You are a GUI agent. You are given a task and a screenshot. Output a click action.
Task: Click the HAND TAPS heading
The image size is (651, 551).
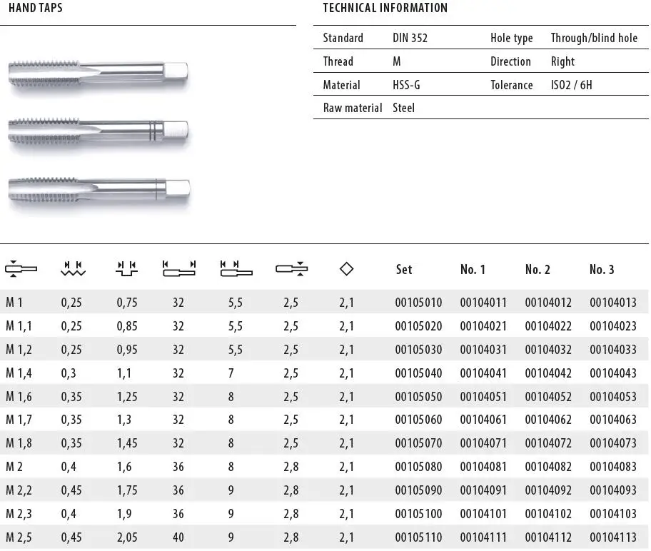[35, 9]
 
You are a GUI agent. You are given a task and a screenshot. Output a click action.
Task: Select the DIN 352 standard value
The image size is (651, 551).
[410, 38]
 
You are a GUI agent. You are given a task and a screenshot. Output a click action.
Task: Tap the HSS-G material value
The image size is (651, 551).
[406, 85]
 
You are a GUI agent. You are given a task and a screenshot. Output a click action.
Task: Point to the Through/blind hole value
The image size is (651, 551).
[594, 38]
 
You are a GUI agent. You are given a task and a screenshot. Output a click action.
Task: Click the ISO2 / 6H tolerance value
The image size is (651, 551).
[571, 85]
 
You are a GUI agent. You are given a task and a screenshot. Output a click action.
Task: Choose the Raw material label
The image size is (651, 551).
[352, 108]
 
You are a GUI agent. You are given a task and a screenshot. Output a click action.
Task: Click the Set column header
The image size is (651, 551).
[404, 269]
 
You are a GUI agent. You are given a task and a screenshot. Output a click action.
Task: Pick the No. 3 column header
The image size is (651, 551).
[602, 269]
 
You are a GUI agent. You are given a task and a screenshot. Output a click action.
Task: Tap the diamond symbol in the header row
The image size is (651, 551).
[347, 269]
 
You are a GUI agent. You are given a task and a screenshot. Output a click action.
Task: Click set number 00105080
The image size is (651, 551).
[418, 467]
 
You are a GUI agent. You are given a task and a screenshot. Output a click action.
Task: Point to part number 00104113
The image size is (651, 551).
[613, 537]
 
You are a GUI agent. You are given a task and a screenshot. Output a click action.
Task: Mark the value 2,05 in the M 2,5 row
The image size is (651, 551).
[127, 537]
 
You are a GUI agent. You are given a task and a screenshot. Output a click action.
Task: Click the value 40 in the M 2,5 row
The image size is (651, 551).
[178, 537]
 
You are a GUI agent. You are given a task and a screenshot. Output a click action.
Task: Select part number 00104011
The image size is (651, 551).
[483, 303]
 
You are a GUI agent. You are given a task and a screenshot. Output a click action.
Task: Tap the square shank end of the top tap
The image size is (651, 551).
[176, 71]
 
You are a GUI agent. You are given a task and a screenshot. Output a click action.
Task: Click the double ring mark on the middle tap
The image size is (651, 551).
[152, 130]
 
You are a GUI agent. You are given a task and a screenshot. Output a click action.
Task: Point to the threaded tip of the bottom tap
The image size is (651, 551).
[29, 188]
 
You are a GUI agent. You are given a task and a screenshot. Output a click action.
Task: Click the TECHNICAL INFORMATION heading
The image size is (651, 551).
[385, 9]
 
